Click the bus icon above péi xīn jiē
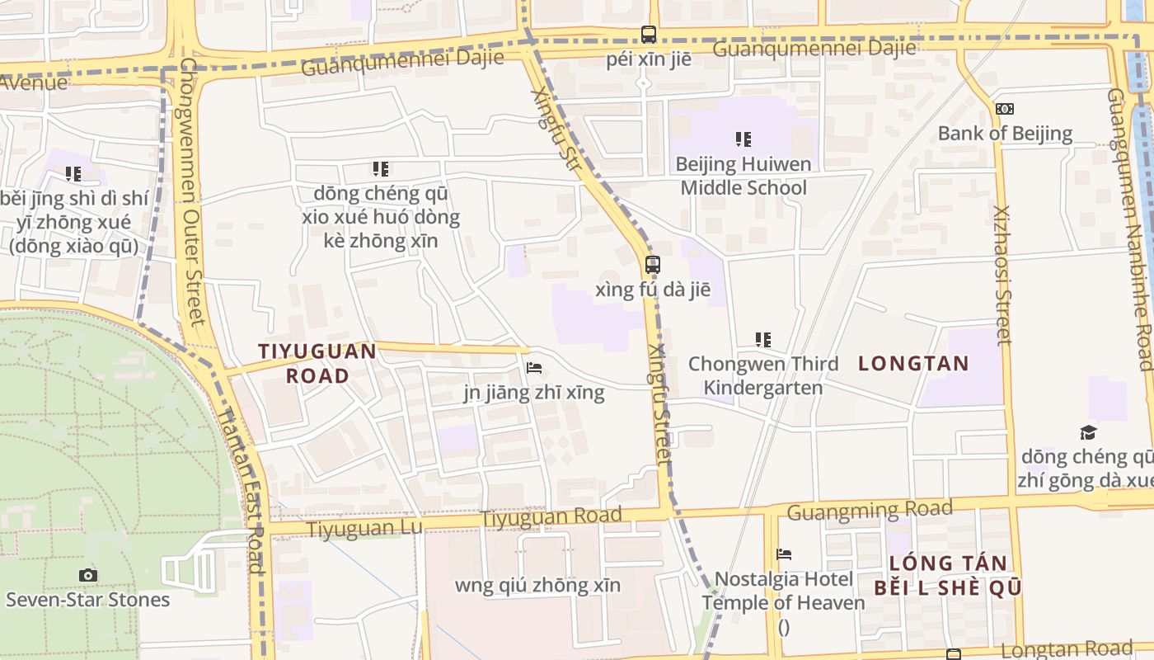[649, 35]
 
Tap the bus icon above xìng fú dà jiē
[652, 265]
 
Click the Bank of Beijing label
[1005, 134]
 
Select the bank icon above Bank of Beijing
[1005, 109]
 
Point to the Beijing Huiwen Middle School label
[744, 176]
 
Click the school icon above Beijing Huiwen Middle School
[744, 139]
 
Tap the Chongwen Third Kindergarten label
[763, 375]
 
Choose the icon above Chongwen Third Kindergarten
[763, 339]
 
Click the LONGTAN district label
[913, 363]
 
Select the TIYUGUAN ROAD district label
[317, 363]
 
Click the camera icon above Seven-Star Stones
[88, 575]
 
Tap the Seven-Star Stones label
[88, 600]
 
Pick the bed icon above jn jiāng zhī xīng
[534, 368]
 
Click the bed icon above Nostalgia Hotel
[784, 554]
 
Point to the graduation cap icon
[1088, 432]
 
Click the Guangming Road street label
[870, 511]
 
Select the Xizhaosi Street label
[1002, 275]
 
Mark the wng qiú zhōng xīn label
[537, 586]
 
